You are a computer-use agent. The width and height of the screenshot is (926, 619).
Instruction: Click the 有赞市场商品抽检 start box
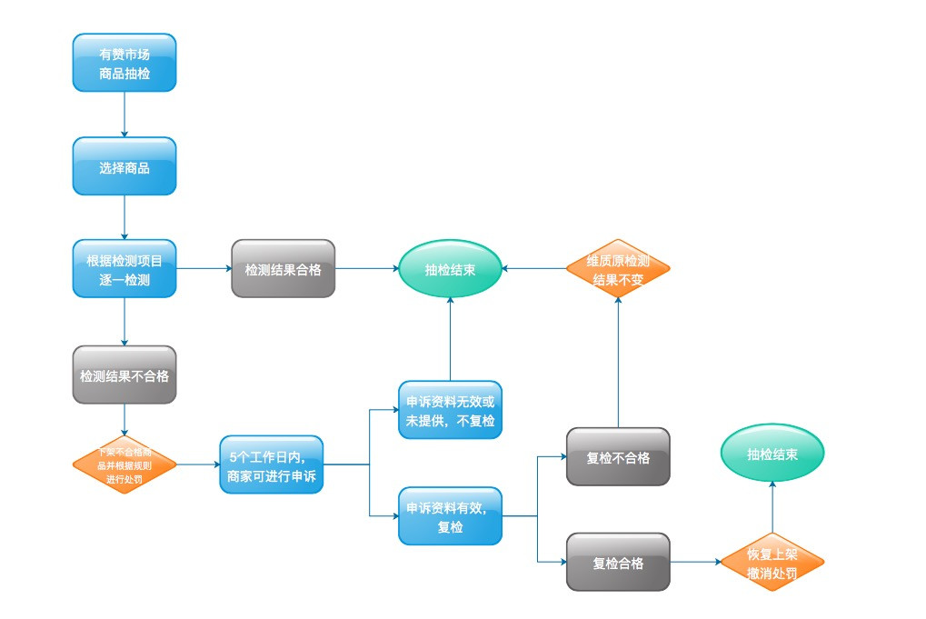(x=124, y=63)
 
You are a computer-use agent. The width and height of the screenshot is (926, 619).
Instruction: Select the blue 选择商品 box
(x=124, y=166)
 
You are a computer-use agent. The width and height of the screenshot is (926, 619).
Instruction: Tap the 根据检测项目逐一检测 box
(x=124, y=269)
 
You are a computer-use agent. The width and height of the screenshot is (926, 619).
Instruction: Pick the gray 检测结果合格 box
(x=283, y=269)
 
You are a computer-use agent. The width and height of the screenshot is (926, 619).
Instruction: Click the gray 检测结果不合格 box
(x=124, y=374)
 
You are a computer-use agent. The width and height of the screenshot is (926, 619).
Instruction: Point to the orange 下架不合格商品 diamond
(x=124, y=464)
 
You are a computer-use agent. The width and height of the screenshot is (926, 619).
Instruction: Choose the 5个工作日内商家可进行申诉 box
(x=271, y=464)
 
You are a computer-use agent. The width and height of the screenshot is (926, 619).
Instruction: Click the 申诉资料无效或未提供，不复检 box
(x=450, y=411)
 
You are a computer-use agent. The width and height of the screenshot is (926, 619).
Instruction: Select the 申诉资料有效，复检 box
(x=450, y=516)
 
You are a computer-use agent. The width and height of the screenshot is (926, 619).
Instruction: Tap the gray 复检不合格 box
(x=618, y=456)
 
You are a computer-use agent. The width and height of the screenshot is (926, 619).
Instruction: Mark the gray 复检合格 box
(x=618, y=563)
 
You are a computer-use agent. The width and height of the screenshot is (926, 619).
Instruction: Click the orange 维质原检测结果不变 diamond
(x=618, y=269)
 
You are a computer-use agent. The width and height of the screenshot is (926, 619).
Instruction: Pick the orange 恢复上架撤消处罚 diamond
(x=772, y=563)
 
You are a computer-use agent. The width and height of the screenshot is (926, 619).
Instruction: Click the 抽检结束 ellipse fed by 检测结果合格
(x=450, y=269)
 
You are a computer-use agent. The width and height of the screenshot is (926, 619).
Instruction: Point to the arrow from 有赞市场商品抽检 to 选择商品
(x=124, y=115)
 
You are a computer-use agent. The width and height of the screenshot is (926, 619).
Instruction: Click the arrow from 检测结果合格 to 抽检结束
(x=367, y=269)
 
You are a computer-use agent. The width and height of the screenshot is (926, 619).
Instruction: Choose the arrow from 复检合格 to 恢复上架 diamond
(x=695, y=563)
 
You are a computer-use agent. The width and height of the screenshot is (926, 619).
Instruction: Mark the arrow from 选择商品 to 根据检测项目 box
(x=124, y=218)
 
